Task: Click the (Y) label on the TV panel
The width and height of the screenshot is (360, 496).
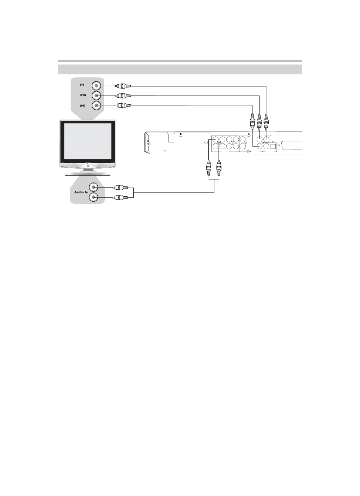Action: pyautogui.click(x=82, y=85)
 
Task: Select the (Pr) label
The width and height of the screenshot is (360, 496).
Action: pyautogui.click(x=82, y=105)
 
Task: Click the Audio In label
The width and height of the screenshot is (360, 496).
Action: pyautogui.click(x=81, y=192)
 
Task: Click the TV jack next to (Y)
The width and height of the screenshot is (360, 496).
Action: pyautogui.click(x=96, y=86)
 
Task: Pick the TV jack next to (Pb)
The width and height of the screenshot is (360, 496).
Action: pyautogui.click(x=96, y=96)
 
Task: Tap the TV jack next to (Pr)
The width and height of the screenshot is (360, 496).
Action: pyautogui.click(x=96, y=105)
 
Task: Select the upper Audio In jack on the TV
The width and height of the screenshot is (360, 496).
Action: pyautogui.click(x=93, y=187)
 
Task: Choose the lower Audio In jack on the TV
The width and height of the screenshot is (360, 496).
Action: pyautogui.click(x=93, y=197)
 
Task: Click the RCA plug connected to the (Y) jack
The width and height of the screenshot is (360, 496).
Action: pyautogui.click(x=123, y=86)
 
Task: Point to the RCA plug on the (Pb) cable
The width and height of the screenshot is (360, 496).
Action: pyautogui.click(x=123, y=96)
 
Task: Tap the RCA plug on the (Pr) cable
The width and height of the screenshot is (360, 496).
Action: pyautogui.click(x=123, y=105)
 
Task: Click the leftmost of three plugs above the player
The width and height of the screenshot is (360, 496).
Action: pyautogui.click(x=252, y=122)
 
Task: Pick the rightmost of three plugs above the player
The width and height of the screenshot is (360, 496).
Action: pyautogui.click(x=266, y=122)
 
